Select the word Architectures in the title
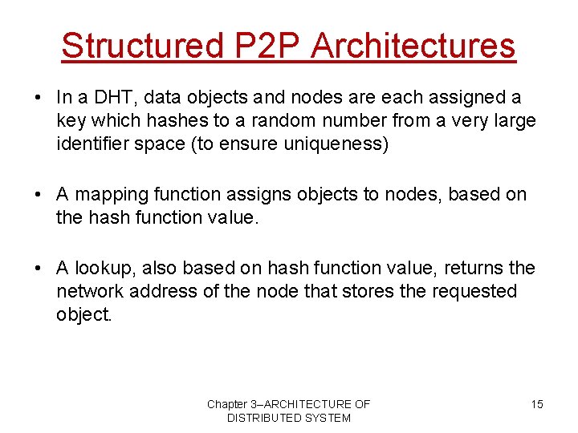pos(413,46)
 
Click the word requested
pos(474,291)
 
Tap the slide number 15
pos(536,404)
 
